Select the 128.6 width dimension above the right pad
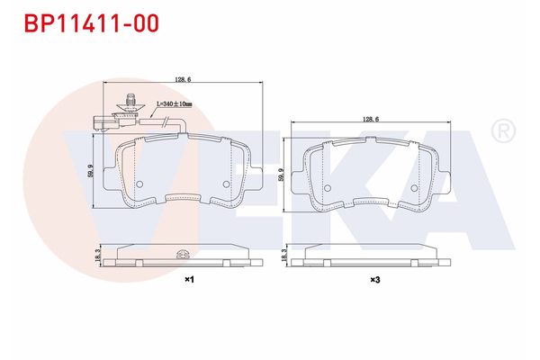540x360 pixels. (372, 119)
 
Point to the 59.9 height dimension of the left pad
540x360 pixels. (92, 171)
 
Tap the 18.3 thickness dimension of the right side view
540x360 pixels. (285, 258)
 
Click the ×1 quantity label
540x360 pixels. (189, 280)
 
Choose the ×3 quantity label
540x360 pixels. (373, 280)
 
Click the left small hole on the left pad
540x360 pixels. (139, 183)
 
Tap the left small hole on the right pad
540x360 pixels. (328, 189)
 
